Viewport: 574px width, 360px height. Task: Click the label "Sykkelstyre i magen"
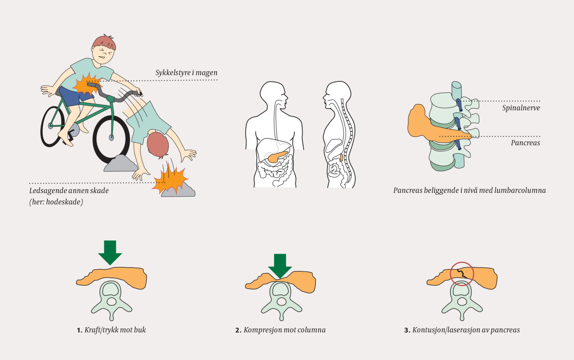pos(186,73)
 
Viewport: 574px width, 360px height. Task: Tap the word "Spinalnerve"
pos(521,108)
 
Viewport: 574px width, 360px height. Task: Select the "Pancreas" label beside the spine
pos(525,143)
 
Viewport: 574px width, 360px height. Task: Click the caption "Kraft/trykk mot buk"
pos(115,330)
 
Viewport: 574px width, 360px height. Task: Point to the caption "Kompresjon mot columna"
pos(284,330)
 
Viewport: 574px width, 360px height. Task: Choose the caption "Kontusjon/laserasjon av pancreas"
pos(466,330)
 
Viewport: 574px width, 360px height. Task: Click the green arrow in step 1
pos(110,252)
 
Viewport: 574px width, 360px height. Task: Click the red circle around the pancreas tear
pos(462,274)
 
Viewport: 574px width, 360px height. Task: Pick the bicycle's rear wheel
pos(52,126)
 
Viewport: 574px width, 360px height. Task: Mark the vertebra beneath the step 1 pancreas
pos(111,298)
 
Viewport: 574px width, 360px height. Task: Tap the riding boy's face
pos(104,54)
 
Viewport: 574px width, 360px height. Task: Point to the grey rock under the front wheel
pos(120,163)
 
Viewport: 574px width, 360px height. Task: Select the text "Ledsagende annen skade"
pos(69,191)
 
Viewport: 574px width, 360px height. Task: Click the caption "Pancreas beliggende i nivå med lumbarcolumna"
pos(470,190)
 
